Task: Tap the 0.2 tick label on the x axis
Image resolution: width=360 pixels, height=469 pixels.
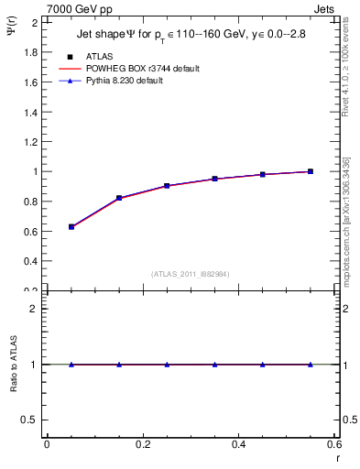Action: pyautogui.click(x=142, y=445)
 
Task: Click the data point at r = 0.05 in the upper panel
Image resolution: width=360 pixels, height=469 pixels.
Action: pyautogui.click(x=71, y=226)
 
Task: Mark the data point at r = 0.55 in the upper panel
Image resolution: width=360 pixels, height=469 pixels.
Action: pyautogui.click(x=311, y=171)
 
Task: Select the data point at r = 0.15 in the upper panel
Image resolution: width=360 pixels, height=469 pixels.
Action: pyautogui.click(x=119, y=198)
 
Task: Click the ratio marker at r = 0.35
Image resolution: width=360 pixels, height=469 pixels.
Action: pyautogui.click(x=214, y=365)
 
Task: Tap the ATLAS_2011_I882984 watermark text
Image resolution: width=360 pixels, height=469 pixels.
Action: pyautogui.click(x=191, y=274)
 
